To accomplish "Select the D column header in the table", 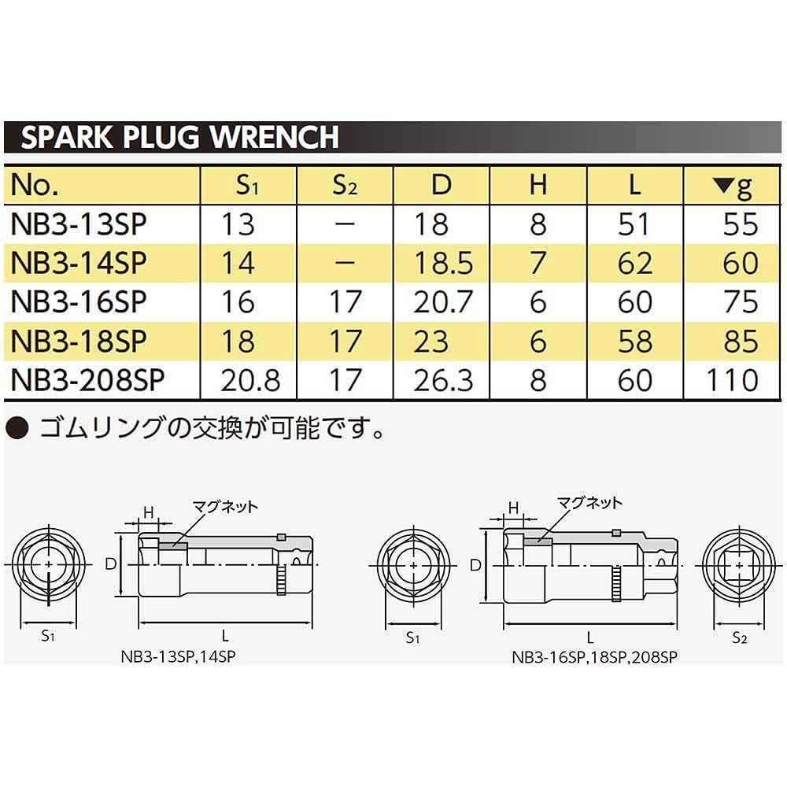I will tap(442, 186).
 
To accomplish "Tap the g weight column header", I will tap(733, 186).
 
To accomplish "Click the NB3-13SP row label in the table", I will tap(79, 224).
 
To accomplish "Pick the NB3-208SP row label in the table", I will tap(87, 380).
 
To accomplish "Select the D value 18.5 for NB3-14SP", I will tap(443, 263).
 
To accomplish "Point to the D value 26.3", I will tap(443, 380).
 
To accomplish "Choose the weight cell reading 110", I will tap(731, 380).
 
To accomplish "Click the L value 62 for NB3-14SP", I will tap(634, 263).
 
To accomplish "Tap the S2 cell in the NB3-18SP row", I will tap(345, 342).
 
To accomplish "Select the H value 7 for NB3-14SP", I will tap(538, 263).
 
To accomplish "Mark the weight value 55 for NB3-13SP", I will tap(739, 224).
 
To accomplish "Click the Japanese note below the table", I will tap(197, 430).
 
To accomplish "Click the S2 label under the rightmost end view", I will tap(738, 637).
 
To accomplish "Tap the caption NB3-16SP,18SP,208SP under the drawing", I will tap(594, 654).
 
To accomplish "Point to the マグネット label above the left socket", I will tap(225, 508).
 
